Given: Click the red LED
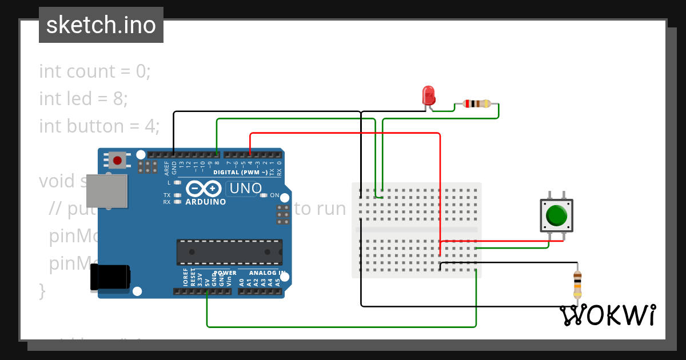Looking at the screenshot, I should click(428, 94).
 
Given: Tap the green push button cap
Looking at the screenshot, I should click(556, 215).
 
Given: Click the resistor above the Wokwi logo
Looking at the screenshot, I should click(577, 283).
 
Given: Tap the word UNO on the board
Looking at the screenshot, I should click(245, 188).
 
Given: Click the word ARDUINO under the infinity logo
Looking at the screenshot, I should click(206, 202).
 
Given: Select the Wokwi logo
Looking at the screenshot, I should click(607, 315).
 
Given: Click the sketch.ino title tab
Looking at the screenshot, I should click(101, 25).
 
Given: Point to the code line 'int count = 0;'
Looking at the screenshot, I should click(95, 71).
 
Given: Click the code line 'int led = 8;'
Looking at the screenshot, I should click(83, 99).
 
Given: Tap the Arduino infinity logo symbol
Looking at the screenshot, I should click(204, 188).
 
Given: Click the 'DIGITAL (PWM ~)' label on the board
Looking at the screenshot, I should click(240, 172).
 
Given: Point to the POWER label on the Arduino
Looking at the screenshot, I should click(225, 273).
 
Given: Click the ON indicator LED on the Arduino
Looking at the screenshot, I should click(264, 195).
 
